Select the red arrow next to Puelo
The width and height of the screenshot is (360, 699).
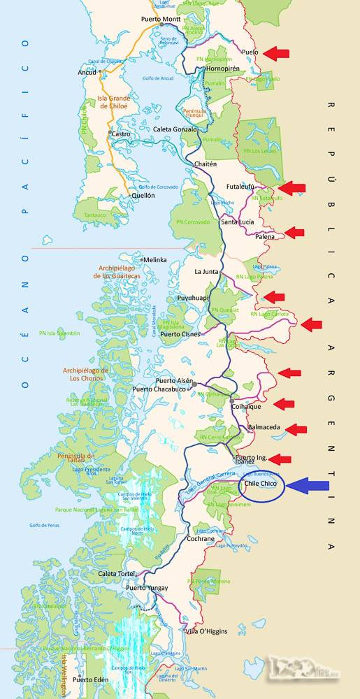[x=275, y=53]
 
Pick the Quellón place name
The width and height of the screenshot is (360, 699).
[x=143, y=196]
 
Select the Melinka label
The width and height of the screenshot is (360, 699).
[x=154, y=260]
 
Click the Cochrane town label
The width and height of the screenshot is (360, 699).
[x=201, y=539]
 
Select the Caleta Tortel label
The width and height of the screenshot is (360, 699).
[x=117, y=574]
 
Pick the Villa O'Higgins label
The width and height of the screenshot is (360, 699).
[x=206, y=631]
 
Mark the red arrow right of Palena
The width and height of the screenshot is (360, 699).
[x=294, y=233]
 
